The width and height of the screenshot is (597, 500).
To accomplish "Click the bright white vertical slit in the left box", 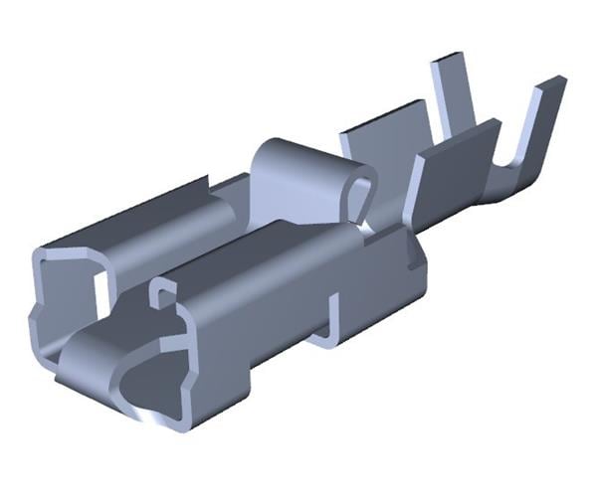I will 101,288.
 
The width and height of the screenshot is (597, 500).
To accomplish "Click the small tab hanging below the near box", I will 328,333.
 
